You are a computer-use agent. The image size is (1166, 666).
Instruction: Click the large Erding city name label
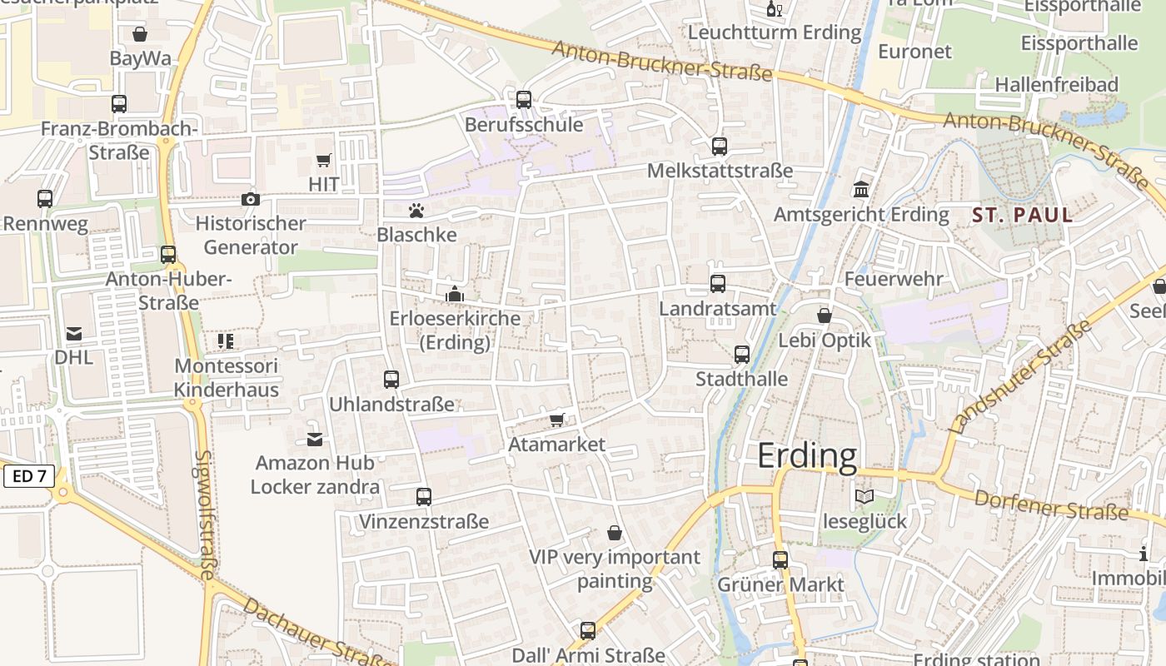pyautogui.click(x=806, y=456)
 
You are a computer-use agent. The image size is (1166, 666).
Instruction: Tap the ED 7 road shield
pyautogui.click(x=29, y=477)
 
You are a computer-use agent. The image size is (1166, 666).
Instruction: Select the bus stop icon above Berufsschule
pyautogui.click(x=524, y=100)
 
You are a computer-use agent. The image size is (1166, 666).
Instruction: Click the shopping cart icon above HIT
pyautogui.click(x=323, y=160)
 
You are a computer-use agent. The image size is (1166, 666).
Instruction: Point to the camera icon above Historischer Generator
pyautogui.click(x=250, y=199)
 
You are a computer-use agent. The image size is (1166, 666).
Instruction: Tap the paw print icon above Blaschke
pyautogui.click(x=416, y=211)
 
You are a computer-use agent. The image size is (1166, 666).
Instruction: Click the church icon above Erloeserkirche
pyautogui.click(x=455, y=294)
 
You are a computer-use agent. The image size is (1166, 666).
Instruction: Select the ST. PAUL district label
pyautogui.click(x=1023, y=215)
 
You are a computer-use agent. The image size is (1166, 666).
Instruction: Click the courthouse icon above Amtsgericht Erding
pyautogui.click(x=861, y=190)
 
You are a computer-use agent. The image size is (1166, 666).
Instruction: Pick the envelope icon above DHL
pyautogui.click(x=74, y=334)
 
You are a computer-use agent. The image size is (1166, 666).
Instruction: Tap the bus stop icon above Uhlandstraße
pyautogui.click(x=391, y=380)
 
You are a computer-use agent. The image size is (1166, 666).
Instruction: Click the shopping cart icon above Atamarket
pyautogui.click(x=557, y=420)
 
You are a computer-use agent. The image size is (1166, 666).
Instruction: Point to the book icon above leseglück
pyautogui.click(x=865, y=497)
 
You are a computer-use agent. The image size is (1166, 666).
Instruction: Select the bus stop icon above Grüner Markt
pyautogui.click(x=780, y=560)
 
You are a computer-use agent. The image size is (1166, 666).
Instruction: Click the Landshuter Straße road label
pyautogui.click(x=1021, y=378)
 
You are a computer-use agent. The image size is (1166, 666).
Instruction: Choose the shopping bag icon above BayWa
pyautogui.click(x=140, y=34)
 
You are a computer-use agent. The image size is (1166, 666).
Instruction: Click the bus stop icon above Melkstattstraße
pyautogui.click(x=720, y=147)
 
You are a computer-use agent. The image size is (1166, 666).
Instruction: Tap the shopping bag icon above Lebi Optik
pyautogui.click(x=824, y=316)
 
